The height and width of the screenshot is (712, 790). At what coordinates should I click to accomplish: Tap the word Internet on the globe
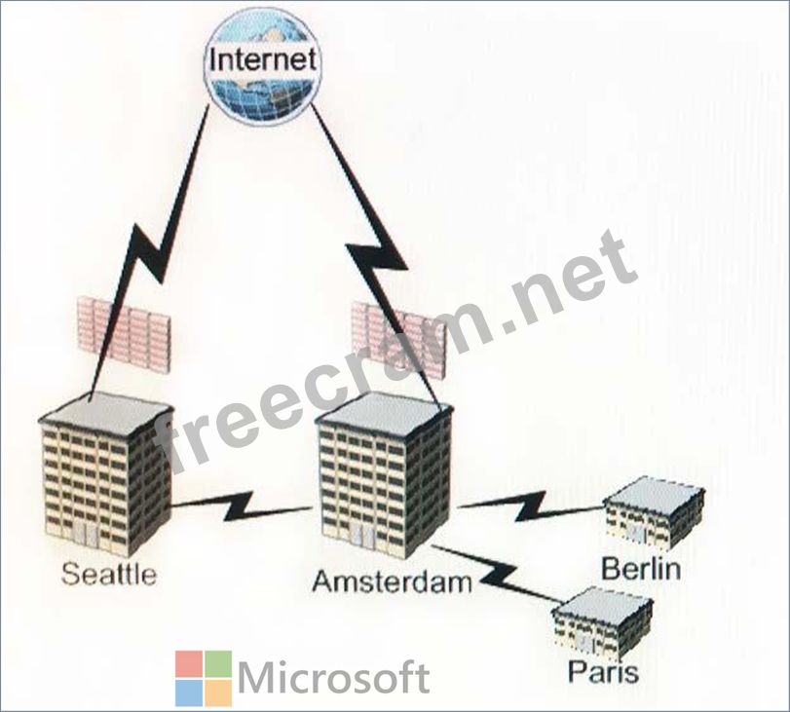(263, 59)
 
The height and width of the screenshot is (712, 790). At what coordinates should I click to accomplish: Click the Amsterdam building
(384, 475)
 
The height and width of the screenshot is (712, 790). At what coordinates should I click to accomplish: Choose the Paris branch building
(602, 622)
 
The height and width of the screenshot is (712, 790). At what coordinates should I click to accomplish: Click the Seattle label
(109, 575)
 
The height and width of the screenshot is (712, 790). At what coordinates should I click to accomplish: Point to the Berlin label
(641, 569)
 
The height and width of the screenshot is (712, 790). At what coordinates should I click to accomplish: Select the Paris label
(603, 671)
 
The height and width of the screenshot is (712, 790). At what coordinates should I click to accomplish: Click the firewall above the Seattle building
(123, 333)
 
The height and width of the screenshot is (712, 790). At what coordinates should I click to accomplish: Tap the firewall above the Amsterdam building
(398, 339)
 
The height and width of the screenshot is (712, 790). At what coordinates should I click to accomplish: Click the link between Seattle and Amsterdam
(241, 506)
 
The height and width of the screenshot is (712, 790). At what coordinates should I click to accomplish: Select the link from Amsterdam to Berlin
(532, 506)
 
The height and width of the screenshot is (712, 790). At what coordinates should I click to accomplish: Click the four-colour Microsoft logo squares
(204, 678)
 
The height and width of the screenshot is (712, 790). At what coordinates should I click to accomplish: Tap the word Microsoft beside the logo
(333, 677)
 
